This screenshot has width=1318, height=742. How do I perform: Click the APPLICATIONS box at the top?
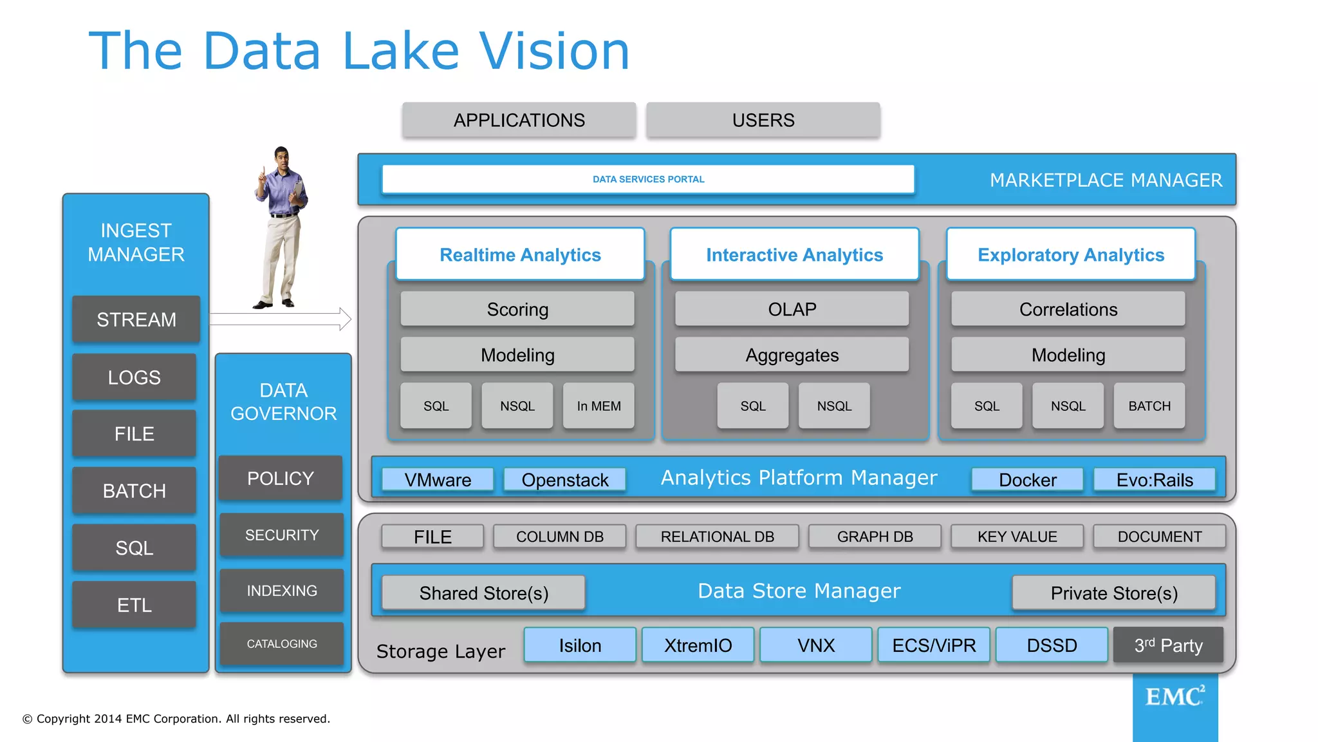(519, 120)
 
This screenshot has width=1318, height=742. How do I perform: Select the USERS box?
(763, 120)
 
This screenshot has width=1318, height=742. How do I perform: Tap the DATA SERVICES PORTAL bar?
(648, 179)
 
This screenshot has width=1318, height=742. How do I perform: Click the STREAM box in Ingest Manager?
(136, 319)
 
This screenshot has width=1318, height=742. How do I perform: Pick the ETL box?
(134, 605)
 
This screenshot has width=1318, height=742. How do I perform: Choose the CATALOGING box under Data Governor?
(282, 643)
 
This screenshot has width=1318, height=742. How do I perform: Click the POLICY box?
(281, 479)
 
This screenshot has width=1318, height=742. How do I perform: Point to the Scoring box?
(517, 309)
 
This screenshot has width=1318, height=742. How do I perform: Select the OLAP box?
(792, 309)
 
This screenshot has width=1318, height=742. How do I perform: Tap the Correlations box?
(1068, 309)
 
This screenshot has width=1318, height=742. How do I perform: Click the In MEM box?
(599, 406)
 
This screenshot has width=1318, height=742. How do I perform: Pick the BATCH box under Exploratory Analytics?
(1149, 406)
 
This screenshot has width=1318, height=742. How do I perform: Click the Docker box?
(1027, 480)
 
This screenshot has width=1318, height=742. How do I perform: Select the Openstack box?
(564, 480)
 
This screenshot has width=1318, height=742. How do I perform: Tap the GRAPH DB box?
(875, 537)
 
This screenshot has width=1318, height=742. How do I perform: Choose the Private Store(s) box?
(1113, 593)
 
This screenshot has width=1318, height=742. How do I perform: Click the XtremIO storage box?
(698, 645)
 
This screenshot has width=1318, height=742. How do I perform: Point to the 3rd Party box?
(1168, 645)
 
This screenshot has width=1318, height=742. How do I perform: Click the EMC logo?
(1174, 698)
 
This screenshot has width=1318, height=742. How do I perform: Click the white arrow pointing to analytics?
(281, 319)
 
